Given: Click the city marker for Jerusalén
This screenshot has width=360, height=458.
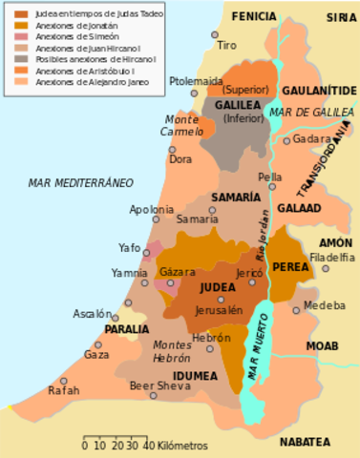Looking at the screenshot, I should [x=221, y=299].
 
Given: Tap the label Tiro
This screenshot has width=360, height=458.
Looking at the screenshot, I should [x=226, y=46].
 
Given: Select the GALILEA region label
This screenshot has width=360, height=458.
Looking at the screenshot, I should [x=234, y=105].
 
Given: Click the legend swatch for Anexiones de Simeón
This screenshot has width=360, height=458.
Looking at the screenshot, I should [x=20, y=36].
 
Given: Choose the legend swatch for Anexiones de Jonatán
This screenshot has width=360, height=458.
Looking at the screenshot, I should [x=20, y=25].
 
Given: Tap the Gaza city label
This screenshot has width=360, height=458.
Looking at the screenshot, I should [x=96, y=354].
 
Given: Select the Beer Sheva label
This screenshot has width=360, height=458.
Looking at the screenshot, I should [x=154, y=385].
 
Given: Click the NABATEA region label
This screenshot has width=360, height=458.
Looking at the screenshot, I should [x=305, y=442].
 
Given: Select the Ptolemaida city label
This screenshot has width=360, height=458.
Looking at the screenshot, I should [x=196, y=81].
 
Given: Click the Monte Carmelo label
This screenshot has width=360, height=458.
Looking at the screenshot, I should [x=182, y=125].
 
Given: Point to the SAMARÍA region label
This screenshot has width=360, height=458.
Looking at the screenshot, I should [x=236, y=197].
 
